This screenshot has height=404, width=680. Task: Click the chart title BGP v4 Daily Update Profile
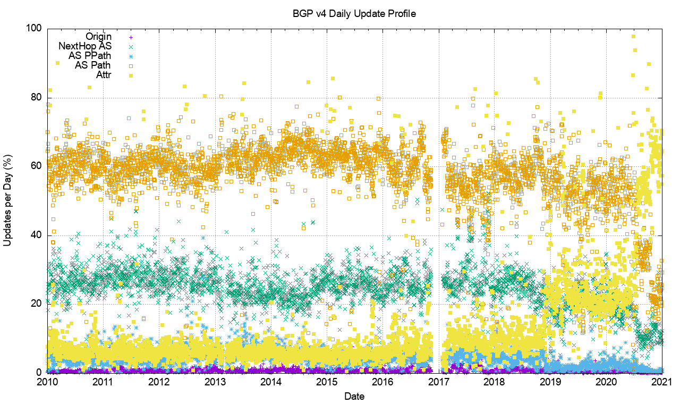(354, 13)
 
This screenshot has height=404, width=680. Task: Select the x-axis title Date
(354, 396)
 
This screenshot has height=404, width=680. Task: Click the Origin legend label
(99, 37)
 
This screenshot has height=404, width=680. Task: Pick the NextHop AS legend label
(85, 46)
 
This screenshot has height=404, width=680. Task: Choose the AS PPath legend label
(90, 56)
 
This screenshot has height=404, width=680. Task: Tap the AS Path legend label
(93, 65)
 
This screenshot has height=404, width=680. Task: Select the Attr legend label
(104, 75)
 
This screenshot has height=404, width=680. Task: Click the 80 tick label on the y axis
(36, 98)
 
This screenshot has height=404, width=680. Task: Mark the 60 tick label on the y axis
(36, 166)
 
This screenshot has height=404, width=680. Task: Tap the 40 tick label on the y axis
(36, 235)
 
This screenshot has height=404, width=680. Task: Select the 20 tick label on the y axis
(36, 304)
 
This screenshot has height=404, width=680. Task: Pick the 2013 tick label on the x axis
(215, 382)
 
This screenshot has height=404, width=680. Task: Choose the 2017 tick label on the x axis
(438, 382)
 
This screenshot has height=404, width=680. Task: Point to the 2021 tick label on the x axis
(662, 382)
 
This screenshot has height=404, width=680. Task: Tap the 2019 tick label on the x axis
(550, 382)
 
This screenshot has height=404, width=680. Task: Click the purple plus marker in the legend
(131, 37)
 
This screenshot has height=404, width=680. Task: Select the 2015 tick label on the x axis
(327, 382)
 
